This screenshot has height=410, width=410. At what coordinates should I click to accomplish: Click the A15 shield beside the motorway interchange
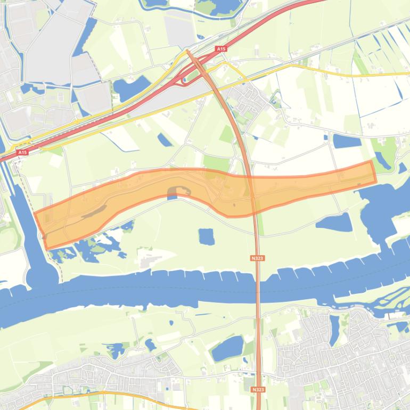(221, 49)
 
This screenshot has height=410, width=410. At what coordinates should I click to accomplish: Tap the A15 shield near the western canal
(22, 152)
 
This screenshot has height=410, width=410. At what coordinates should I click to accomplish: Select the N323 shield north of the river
(258, 258)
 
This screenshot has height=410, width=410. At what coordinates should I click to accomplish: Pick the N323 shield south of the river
(258, 390)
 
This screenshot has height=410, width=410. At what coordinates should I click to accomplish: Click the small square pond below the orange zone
(206, 236)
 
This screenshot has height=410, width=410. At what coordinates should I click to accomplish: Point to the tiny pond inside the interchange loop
(185, 80)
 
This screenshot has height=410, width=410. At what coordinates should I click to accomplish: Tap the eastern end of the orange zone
(372, 171)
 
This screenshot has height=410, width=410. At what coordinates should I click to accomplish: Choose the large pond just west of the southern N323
(227, 349)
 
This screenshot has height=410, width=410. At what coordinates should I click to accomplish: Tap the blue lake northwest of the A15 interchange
(131, 87)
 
